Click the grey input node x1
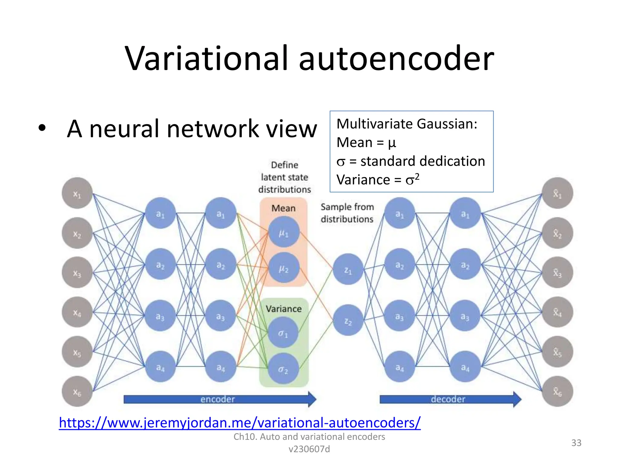[77, 193]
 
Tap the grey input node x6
[77, 391]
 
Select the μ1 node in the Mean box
[284, 232]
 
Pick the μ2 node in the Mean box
[284, 268]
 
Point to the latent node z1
[348, 269]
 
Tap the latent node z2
[348, 321]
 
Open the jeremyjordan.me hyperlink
[239, 423]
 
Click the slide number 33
[576, 443]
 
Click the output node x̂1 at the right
[557, 193]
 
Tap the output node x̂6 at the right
[557, 391]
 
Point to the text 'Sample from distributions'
[347, 213]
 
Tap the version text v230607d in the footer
[309, 449]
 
